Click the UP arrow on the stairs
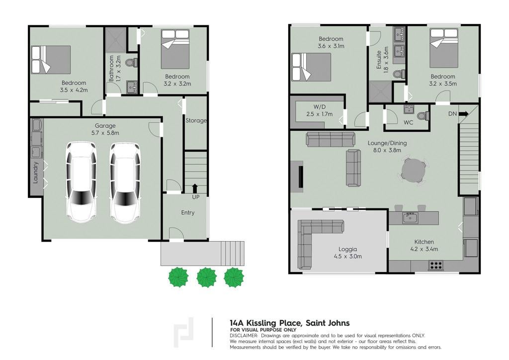tap(195, 188)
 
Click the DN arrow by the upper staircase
tap(463, 114)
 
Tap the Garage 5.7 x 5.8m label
tap(105, 129)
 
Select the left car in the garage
tap(82, 182)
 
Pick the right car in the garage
tap(125, 183)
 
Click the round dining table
tap(413, 171)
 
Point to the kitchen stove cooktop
tap(435, 266)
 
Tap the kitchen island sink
tap(410, 218)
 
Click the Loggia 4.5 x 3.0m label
tap(347, 253)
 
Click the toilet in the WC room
tap(423, 116)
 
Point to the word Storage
tap(196, 120)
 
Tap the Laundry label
tap(35, 173)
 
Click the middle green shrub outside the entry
tap(206, 277)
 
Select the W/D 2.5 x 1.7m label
tap(320, 110)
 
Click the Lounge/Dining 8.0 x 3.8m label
tap(387, 146)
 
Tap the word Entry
tap(187, 213)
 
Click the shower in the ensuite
tap(380, 91)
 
